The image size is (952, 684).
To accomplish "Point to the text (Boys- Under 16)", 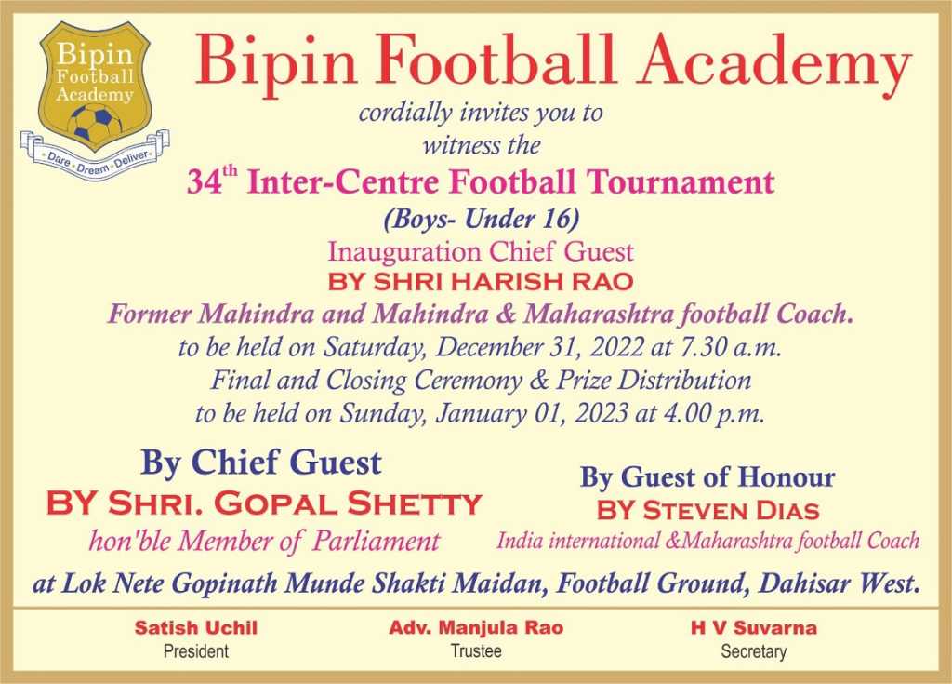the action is (x=481, y=219).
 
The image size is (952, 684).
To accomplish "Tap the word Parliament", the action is (x=376, y=541).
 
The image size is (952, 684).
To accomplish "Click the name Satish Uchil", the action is (x=196, y=627).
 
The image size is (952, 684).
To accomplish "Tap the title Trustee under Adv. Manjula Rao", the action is (x=476, y=651).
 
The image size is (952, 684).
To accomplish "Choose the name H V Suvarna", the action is (x=753, y=627).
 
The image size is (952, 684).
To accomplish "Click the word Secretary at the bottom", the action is (x=753, y=651).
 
